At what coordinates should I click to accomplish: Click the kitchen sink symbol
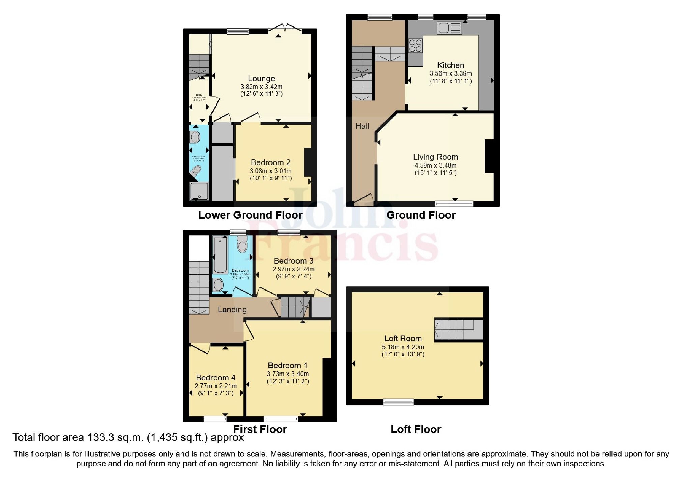(x=449, y=28)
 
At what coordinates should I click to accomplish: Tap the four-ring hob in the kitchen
(x=415, y=46)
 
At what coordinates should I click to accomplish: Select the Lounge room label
(x=261, y=79)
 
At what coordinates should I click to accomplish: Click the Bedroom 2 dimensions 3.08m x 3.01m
(x=271, y=171)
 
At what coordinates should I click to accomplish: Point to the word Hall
(x=362, y=126)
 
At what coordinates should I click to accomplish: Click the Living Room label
(x=435, y=157)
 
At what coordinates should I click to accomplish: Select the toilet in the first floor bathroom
(x=242, y=244)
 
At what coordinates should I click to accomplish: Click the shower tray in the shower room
(x=199, y=191)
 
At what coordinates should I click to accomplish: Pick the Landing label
(x=232, y=309)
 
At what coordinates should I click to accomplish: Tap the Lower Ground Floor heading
(x=250, y=215)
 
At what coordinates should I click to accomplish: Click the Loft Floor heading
(x=416, y=429)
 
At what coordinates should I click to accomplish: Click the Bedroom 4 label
(x=216, y=378)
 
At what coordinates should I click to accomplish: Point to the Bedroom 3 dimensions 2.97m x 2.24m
(x=293, y=269)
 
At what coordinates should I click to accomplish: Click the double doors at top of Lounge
(x=285, y=28)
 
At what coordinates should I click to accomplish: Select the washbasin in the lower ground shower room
(x=195, y=137)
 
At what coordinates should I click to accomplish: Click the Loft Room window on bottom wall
(x=398, y=401)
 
